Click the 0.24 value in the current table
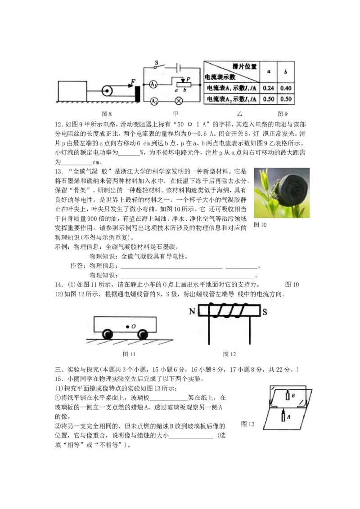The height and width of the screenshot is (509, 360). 269,88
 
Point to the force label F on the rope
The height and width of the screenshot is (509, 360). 132,82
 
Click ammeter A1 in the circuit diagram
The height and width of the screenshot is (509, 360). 153,85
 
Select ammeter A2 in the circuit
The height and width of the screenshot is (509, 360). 153,101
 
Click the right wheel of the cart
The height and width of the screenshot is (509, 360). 143,334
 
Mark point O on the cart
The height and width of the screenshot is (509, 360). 127,326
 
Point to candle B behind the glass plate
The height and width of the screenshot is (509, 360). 288,396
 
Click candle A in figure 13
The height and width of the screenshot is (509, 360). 283,416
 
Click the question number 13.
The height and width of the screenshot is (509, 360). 58,172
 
